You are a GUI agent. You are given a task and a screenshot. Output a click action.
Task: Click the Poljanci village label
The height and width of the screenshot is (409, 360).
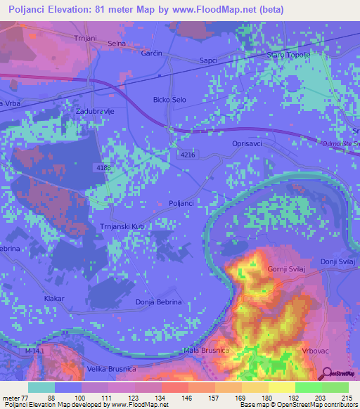[181, 203]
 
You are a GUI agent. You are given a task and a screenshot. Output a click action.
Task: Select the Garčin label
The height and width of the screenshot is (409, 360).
[152, 53]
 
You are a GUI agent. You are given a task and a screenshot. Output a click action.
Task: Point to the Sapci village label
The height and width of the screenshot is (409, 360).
[210, 60]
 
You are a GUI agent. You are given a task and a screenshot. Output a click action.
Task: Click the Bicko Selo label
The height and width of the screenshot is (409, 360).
[169, 100]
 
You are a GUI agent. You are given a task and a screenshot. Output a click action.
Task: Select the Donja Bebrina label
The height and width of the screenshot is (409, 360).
[158, 302]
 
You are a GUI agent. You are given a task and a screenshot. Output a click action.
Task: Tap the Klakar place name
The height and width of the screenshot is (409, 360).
[53, 299]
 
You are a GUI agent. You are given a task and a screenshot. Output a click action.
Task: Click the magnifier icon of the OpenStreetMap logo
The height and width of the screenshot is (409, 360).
[325, 372]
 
